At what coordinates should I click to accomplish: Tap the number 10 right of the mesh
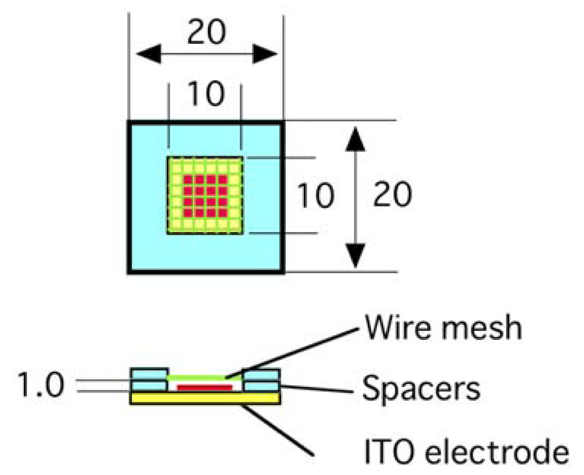pyautogui.click(x=315, y=196)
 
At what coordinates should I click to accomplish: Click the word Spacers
pyautogui.click(x=421, y=390)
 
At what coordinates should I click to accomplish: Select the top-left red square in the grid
pyautogui.click(x=188, y=179)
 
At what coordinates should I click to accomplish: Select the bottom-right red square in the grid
pyautogui.click(x=223, y=213)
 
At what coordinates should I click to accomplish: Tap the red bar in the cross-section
pyautogui.click(x=205, y=388)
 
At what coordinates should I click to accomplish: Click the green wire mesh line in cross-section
pyautogui.click(x=205, y=377)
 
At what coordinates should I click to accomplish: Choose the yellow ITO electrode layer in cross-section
pyautogui.click(x=205, y=398)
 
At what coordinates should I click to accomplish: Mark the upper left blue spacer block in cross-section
pyautogui.click(x=149, y=374)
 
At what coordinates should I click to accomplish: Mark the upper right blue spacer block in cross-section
pyautogui.click(x=261, y=374)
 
